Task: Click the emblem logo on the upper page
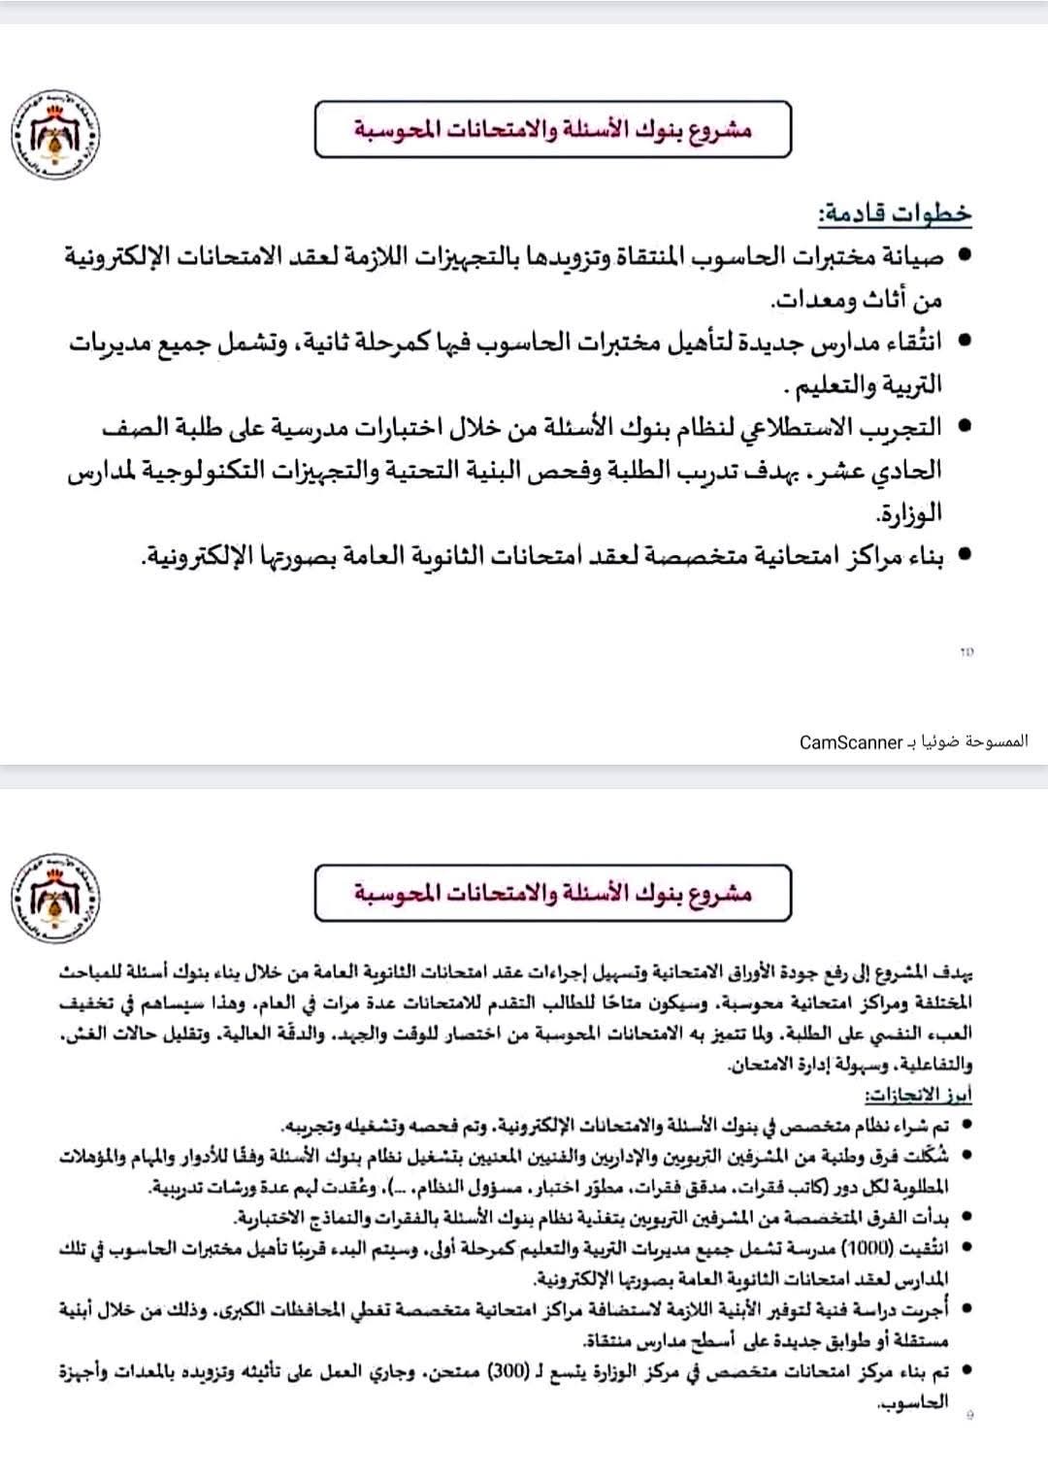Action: point(56,132)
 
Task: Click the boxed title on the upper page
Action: point(552,129)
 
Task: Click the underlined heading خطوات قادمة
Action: point(894,213)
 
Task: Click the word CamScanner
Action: point(851,742)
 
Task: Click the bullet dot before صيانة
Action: point(964,256)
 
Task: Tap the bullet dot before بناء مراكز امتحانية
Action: point(964,555)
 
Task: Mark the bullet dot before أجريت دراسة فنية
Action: point(966,1309)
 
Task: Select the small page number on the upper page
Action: point(966,652)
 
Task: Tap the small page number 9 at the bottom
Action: point(970,1415)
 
